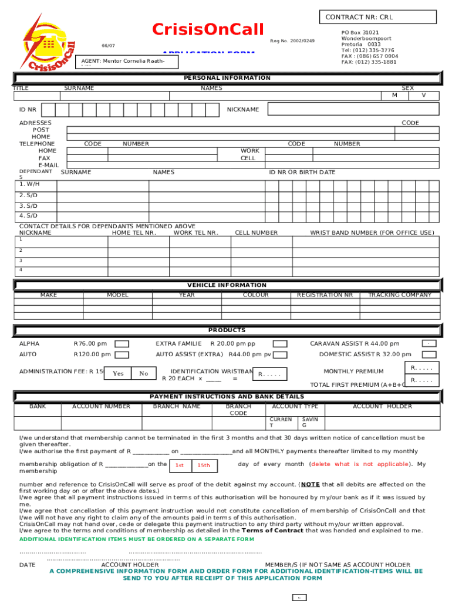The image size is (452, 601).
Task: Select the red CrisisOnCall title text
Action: point(208,29)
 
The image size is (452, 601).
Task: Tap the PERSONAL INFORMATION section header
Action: point(227,78)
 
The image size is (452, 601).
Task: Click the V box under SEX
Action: point(423,95)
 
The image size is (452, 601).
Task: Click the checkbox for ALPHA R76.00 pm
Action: point(122,344)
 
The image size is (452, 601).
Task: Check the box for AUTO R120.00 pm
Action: point(122,355)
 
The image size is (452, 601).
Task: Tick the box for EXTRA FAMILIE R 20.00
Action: point(280,344)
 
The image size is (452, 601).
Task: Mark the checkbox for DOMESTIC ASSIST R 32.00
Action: point(429,354)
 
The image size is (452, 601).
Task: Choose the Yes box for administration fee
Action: point(118,374)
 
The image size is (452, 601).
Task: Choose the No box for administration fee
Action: point(143,374)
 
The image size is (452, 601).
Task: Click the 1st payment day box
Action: point(180,465)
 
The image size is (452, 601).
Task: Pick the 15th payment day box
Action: point(203,465)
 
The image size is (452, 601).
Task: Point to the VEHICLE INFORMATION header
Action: point(227,285)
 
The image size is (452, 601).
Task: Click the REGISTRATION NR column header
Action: point(325,295)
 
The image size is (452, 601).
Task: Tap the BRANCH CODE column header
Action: point(238,410)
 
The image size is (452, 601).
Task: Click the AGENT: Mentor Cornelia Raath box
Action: point(127,62)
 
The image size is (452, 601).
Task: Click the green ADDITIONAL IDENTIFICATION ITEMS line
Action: point(129,539)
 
